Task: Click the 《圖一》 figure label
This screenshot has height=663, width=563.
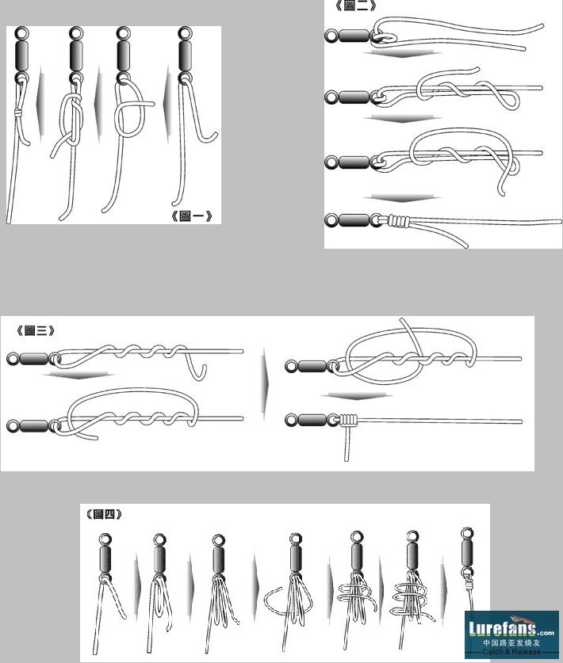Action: (191, 216)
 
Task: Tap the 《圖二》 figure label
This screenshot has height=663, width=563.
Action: (355, 5)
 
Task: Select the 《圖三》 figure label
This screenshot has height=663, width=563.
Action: (36, 330)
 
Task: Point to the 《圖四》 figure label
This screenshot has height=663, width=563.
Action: (104, 514)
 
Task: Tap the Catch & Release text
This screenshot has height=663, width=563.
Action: (511, 652)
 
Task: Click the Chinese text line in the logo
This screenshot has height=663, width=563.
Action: (511, 642)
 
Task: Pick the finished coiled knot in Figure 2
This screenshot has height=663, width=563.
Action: (399, 220)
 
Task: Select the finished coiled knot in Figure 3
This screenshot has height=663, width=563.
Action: (347, 420)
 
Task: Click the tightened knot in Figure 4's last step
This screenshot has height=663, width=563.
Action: (469, 585)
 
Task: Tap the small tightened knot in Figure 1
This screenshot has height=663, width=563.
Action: (18, 113)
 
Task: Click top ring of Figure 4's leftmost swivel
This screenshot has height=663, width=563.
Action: (105, 539)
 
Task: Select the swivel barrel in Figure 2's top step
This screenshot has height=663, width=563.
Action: (354, 36)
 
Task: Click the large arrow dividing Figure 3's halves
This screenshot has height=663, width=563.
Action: (265, 384)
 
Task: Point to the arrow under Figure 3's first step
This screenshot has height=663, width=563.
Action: (79, 375)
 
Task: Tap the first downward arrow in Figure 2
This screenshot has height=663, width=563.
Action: (402, 54)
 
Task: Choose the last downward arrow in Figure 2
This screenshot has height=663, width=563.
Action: (402, 198)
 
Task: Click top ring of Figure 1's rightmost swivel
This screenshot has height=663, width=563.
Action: (185, 32)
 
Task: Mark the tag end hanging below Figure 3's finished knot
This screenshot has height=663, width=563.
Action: (347, 444)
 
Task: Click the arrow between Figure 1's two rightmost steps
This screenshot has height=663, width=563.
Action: (167, 105)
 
